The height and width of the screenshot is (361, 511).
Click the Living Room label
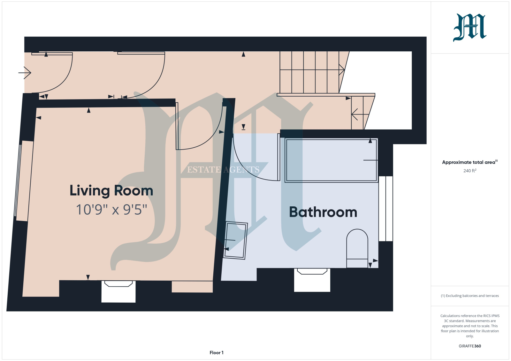pyautogui.click(x=111, y=191)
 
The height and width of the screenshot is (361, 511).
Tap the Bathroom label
pyautogui.click(x=323, y=212)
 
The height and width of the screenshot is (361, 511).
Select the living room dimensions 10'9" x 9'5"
pyautogui.click(x=111, y=210)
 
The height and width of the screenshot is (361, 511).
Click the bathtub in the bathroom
pyautogui.click(x=331, y=160)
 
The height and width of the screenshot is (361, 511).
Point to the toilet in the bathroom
pyautogui.click(x=357, y=248)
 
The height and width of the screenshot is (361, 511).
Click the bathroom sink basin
pyautogui.click(x=235, y=240)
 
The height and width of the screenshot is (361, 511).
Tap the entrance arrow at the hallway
pyautogui.click(x=25, y=73)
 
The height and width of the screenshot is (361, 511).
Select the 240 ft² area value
pyautogui.click(x=470, y=171)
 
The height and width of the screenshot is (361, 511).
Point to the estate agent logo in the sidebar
pyautogui.click(x=469, y=27)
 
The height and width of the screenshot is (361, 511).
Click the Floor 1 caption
pyautogui.click(x=217, y=353)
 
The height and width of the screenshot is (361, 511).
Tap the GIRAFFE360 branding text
pyautogui.click(x=470, y=346)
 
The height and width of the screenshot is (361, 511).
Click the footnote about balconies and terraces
pyautogui.click(x=470, y=296)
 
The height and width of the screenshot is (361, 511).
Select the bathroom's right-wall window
pyautogui.click(x=386, y=209)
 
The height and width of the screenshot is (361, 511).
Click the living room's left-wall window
pyautogui.click(x=18, y=180)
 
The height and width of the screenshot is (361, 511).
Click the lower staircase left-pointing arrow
pyautogui.click(x=360, y=114)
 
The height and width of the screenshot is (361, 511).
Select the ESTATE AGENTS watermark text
pyautogui.click(x=223, y=170)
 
